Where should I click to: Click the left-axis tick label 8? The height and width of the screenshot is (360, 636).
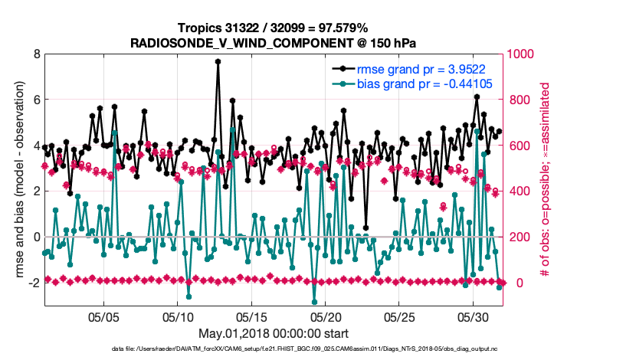point(35,54)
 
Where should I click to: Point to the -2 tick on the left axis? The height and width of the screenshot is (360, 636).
point(33,283)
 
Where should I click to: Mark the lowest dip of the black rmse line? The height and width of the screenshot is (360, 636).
point(366,228)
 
